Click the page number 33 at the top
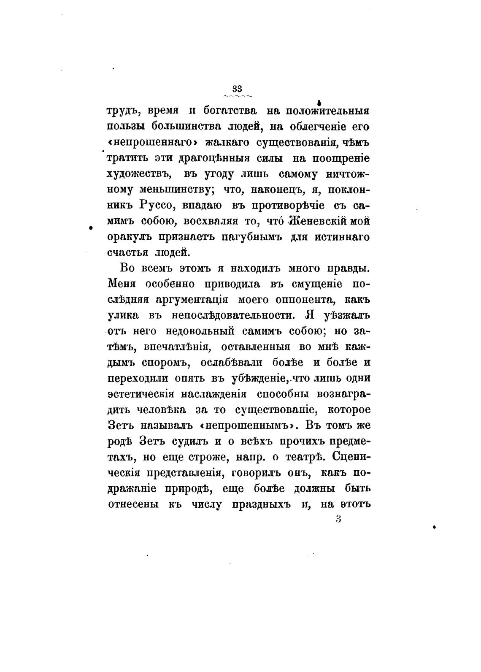237,88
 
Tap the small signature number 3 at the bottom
338,519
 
